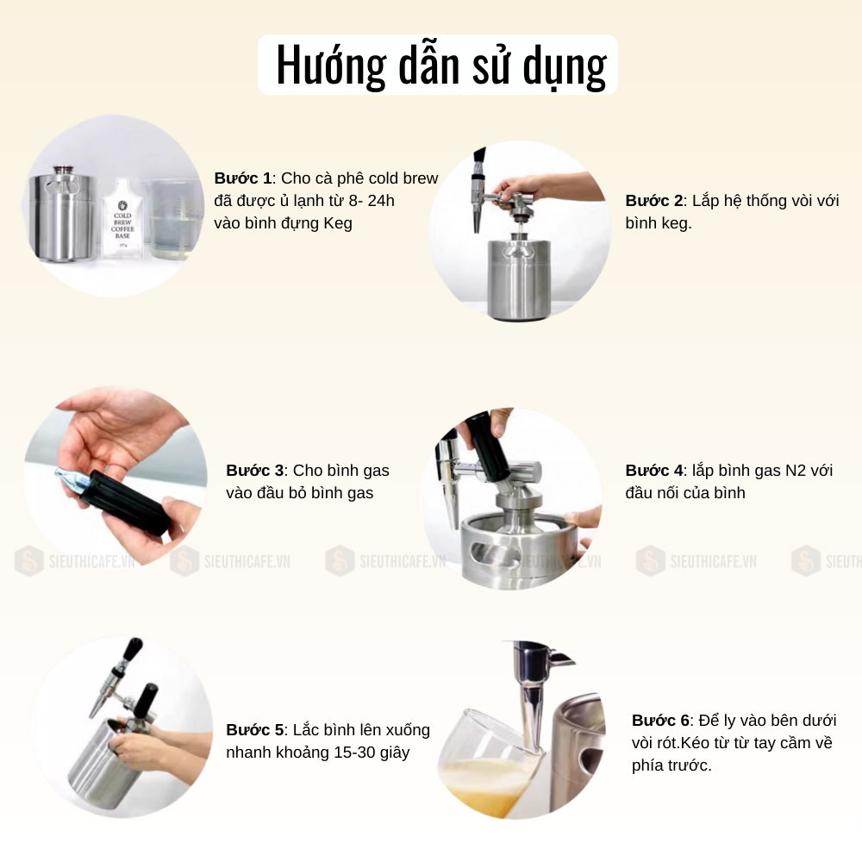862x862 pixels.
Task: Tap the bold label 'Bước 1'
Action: (x=243, y=178)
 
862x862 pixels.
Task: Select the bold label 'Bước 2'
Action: (x=654, y=201)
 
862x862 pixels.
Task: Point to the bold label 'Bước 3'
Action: (x=255, y=471)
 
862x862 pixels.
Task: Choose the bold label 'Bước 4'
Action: (x=654, y=471)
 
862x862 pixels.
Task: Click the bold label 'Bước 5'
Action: (x=255, y=730)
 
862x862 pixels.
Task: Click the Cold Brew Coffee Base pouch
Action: (x=122, y=218)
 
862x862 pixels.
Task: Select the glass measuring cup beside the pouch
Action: (x=172, y=219)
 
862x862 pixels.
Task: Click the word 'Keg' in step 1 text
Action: (x=338, y=223)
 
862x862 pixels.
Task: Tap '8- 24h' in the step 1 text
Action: (x=372, y=201)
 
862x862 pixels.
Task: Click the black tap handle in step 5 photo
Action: (x=133, y=649)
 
